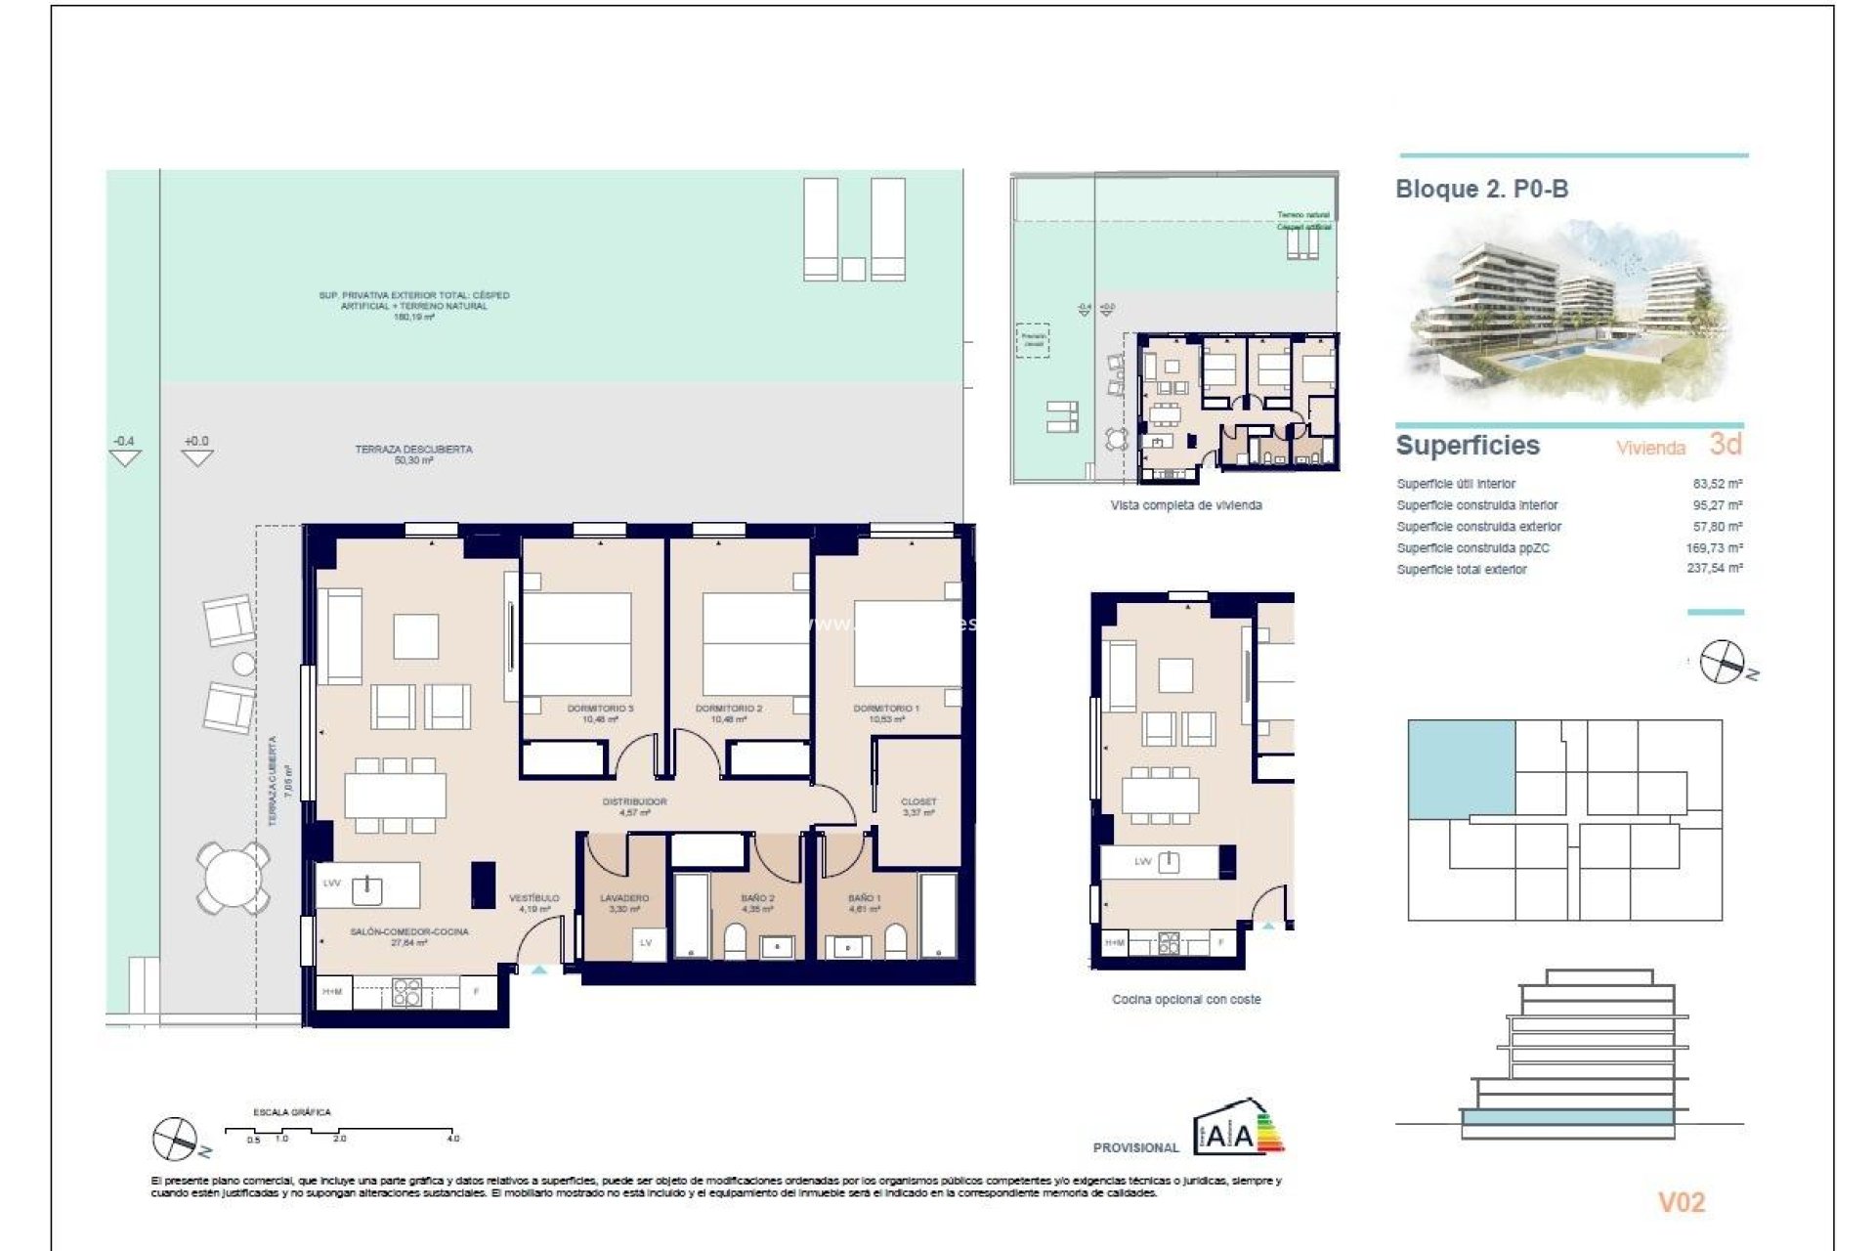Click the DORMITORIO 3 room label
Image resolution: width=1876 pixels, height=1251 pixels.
tap(600, 709)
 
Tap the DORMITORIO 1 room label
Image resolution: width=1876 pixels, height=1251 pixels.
tap(886, 709)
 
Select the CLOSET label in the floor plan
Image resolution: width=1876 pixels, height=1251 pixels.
tap(918, 801)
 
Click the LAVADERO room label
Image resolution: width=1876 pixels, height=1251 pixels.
tap(624, 897)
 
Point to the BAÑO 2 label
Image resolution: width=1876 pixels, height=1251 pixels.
tap(757, 897)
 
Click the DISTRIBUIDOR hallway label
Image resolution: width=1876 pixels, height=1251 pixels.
tap(634, 801)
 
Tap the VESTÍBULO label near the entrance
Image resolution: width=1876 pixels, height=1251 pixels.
tap(534, 897)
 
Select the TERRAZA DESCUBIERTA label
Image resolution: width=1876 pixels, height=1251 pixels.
tap(413, 450)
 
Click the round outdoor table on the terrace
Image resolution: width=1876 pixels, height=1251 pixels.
tap(233, 877)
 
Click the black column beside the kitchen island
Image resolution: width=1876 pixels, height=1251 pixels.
tap(484, 884)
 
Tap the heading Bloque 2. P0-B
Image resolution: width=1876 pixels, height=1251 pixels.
tap(1481, 189)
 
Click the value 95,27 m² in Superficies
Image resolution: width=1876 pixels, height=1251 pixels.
tap(1718, 505)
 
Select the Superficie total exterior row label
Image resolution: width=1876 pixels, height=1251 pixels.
tap(1461, 569)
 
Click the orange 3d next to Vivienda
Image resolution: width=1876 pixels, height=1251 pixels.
tap(1726, 445)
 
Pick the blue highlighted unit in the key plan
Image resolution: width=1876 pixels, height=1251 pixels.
tap(1461, 767)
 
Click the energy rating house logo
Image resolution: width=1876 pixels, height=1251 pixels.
tap(1237, 1128)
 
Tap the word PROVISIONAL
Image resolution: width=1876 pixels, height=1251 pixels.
tap(1135, 1147)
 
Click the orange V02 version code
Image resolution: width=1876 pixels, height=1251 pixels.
tap(1681, 1202)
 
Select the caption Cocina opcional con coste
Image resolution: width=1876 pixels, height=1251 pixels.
tap(1186, 1000)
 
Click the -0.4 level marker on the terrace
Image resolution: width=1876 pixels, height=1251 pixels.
tap(124, 442)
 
